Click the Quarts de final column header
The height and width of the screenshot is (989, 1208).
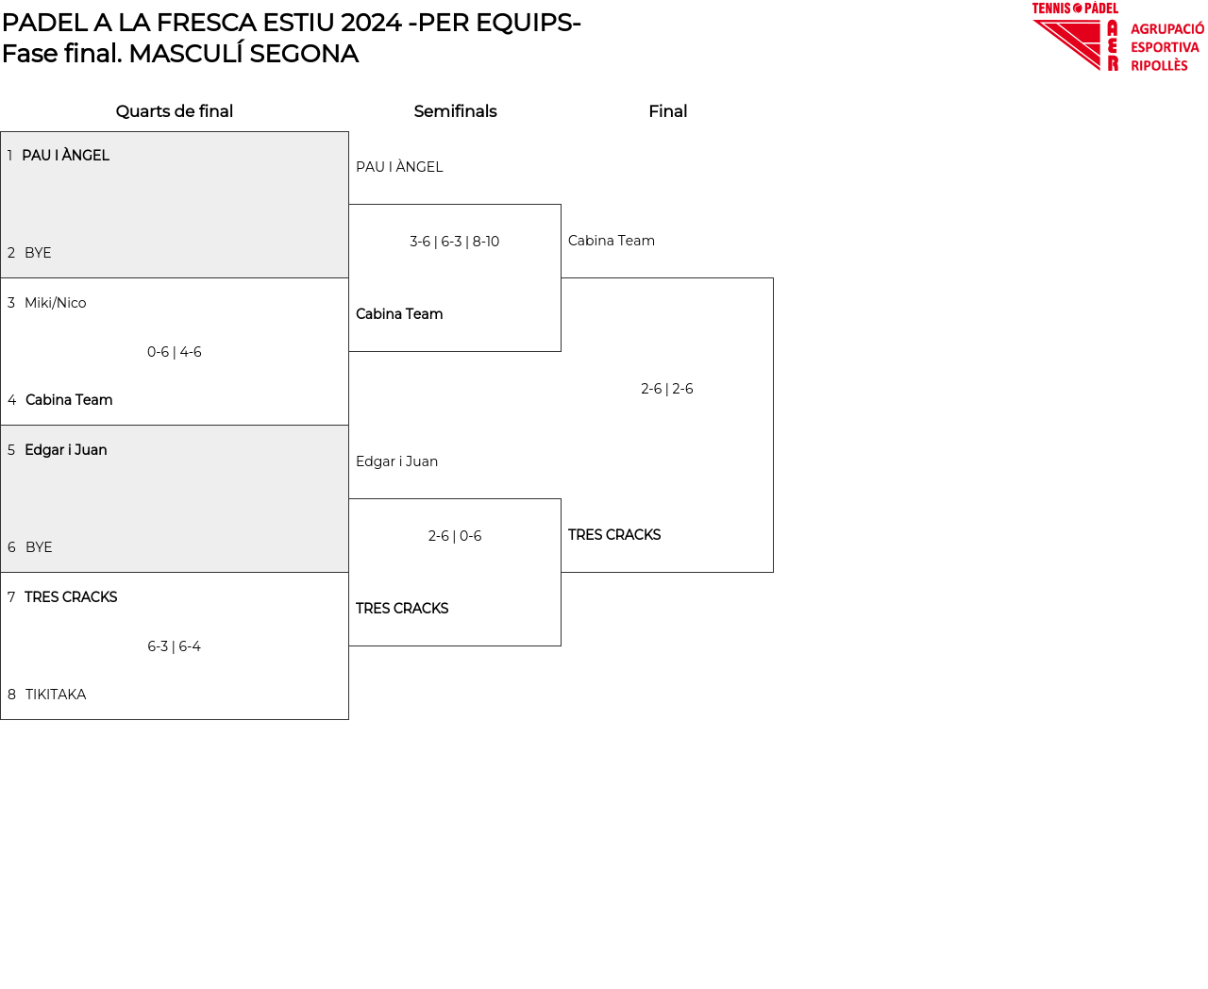175,111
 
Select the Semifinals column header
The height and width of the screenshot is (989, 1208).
455,111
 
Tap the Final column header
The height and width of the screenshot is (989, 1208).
667,111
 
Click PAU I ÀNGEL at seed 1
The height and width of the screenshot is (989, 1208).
65,156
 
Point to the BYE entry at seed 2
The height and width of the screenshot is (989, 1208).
38,253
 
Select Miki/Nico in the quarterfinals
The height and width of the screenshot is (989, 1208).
55,303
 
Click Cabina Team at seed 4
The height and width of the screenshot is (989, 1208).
69,400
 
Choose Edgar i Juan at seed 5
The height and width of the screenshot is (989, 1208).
65,450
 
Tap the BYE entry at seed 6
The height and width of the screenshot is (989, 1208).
39,547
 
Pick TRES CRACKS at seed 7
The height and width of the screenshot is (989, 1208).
71,597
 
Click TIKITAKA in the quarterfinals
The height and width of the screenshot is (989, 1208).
56,695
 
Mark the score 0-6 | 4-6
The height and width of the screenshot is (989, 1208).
175,352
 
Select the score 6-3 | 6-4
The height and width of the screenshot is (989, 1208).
175,646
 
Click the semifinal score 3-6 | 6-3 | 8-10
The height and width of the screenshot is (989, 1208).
455,242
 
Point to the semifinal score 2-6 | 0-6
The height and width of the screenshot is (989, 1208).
455,536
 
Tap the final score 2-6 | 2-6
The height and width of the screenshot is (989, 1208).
667,389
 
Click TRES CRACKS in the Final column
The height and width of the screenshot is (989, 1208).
614,535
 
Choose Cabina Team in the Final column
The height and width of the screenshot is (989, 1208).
612,241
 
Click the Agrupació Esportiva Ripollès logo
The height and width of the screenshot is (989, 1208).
1117,38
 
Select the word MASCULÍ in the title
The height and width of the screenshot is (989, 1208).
180,54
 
